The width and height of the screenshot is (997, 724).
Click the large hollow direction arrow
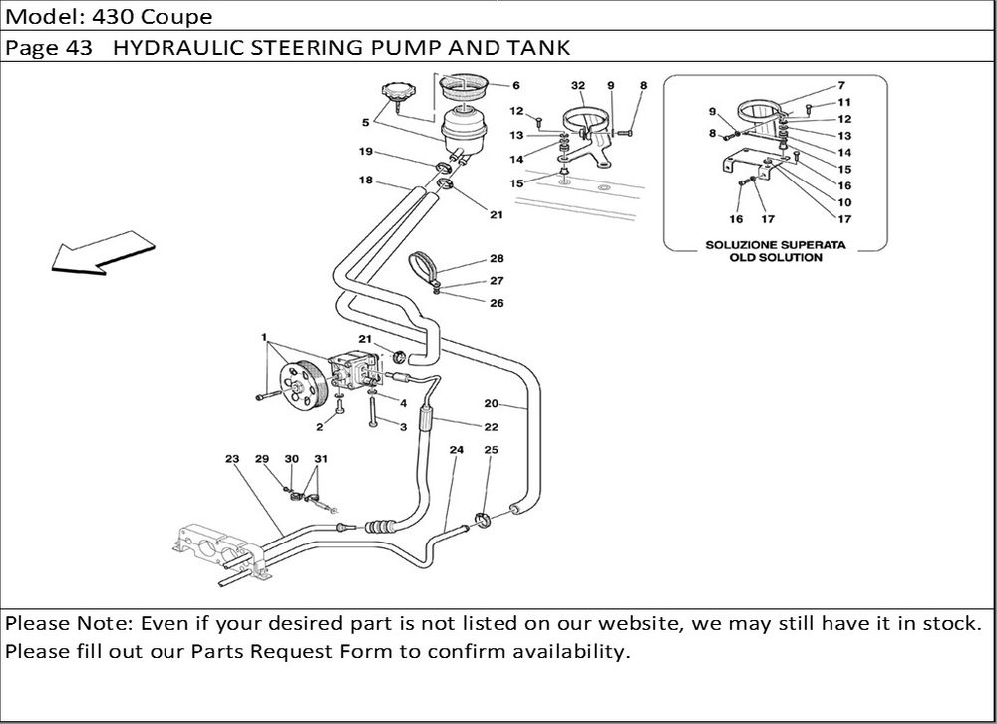(98, 251)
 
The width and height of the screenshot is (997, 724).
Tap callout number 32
(577, 86)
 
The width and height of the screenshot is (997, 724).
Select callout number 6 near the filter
(516, 86)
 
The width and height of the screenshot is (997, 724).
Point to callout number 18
(366, 181)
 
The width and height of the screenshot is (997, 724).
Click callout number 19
(366, 152)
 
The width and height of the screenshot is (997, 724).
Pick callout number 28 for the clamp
(496, 258)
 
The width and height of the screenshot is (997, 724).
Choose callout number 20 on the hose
(491, 404)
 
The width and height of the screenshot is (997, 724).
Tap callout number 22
(491, 427)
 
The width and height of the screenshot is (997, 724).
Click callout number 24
(456, 450)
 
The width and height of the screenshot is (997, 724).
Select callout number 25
(491, 450)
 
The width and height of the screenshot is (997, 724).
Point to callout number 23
(231, 459)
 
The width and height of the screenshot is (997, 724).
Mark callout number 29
(262, 459)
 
